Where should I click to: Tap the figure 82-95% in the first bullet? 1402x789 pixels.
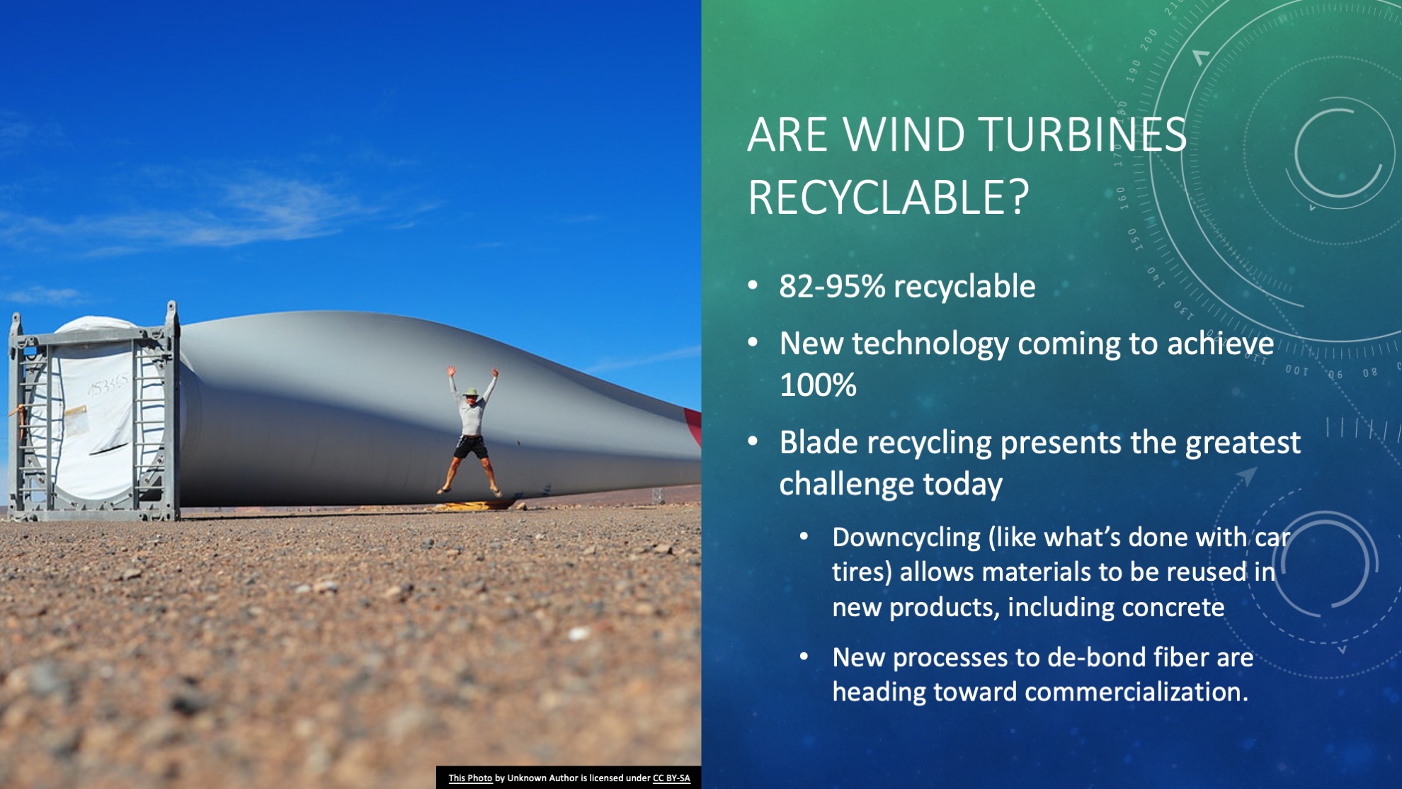tap(832, 286)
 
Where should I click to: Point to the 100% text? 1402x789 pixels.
tap(818, 385)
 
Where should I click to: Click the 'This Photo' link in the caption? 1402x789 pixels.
tap(470, 778)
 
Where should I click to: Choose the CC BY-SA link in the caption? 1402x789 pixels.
tap(671, 778)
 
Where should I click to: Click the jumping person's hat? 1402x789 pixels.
tap(469, 391)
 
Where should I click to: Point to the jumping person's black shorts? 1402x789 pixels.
tap(471, 446)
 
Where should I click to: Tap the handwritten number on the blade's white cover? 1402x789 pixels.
tap(108, 385)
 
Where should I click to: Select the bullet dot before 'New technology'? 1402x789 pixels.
tap(753, 343)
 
